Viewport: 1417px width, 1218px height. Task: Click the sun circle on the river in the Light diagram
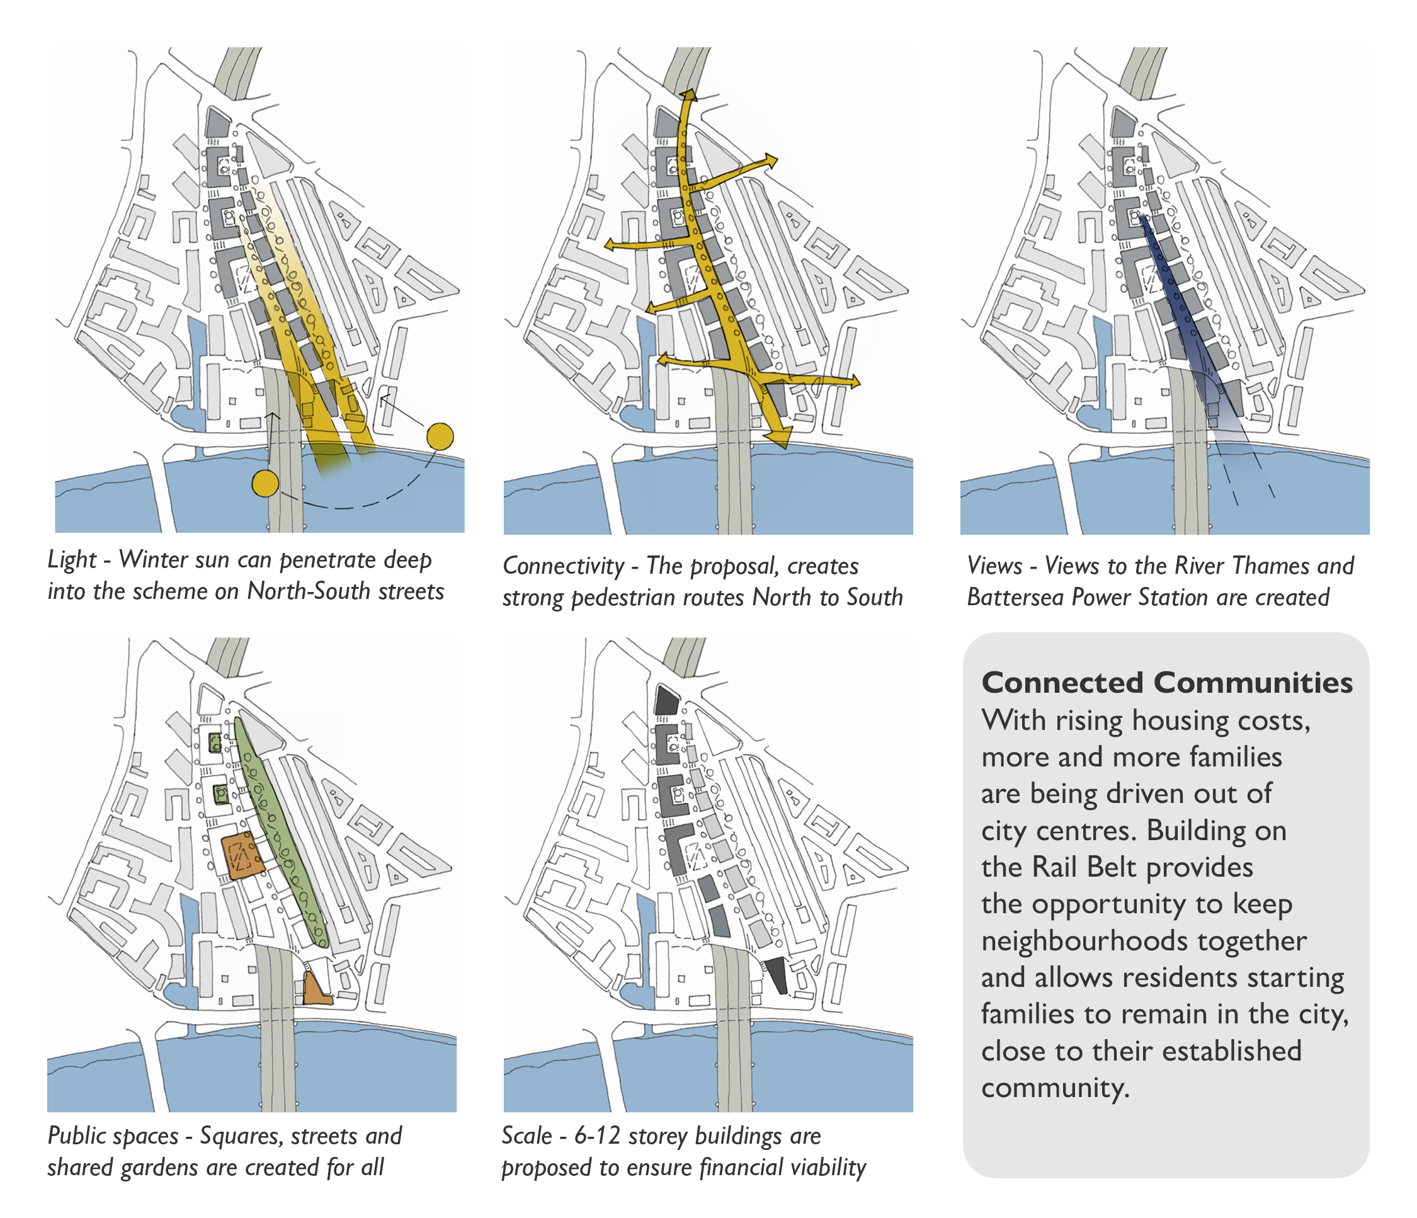265,484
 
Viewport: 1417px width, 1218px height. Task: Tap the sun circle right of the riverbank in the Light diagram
440,436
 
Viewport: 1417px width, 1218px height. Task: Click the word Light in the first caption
72,559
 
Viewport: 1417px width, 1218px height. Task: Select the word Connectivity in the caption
564,566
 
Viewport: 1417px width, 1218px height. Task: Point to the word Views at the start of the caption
995,566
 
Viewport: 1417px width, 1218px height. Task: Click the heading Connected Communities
1167,683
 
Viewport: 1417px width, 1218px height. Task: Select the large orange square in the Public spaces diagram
242,855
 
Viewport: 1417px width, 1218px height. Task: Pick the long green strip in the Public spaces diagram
280,830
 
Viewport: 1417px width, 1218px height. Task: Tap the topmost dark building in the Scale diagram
666,700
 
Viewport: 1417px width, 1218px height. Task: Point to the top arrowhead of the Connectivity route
687,95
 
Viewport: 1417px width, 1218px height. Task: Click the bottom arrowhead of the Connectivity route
779,436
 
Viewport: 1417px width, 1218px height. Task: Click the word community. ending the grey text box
1056,1088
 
